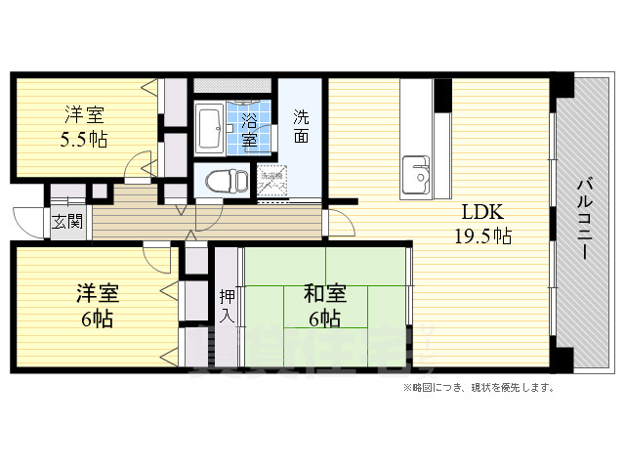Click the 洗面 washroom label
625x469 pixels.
[x=302, y=126]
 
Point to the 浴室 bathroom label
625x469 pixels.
[x=250, y=129]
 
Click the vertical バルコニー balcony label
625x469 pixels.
[x=584, y=216]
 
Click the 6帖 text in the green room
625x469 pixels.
[x=324, y=319]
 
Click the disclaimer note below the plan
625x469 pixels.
[x=478, y=388]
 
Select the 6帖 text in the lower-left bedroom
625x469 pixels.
[x=98, y=319]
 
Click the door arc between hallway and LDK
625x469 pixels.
[x=337, y=222]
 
